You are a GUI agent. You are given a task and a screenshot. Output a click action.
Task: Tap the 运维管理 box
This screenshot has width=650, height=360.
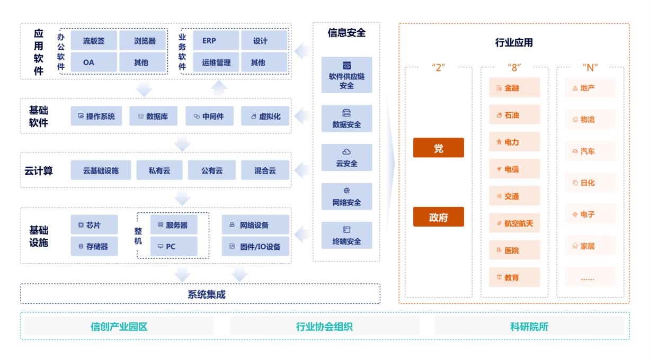pos(216,62)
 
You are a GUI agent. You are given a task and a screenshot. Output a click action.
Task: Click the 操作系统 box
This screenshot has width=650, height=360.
pos(96,116)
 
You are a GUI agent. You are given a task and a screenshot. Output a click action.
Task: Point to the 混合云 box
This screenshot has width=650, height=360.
pos(265,170)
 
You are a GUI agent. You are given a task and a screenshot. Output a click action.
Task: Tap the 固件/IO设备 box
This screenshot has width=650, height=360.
pos(255,246)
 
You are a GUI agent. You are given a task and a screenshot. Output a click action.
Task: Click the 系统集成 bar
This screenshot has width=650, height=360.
pos(200,294)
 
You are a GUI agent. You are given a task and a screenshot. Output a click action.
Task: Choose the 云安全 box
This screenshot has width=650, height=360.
pos(346,158)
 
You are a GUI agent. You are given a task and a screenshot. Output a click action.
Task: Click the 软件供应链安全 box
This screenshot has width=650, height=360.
pos(346,76)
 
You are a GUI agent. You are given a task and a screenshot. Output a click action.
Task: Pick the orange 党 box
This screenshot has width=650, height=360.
pos(438,148)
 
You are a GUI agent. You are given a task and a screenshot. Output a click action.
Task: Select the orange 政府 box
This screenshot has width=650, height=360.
pos(438,217)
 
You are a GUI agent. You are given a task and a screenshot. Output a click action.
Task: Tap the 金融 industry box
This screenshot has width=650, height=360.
pos(514,88)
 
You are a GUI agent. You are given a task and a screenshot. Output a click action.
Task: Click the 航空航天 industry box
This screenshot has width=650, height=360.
pos(514,223)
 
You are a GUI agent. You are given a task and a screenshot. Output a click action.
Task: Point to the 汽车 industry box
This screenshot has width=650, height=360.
pos(586,151)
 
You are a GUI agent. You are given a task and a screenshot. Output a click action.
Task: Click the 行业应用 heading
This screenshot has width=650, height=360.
pos(513,43)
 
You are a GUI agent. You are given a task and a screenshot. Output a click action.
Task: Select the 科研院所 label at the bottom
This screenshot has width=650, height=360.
pos(529,326)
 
